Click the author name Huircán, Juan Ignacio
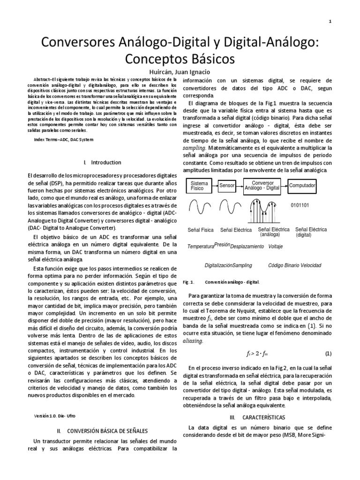[180, 72]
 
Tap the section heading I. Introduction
[101, 163]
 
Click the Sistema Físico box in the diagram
[200, 186]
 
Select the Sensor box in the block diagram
[227, 186]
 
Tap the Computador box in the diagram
[302, 186]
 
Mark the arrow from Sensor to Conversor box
[240, 186]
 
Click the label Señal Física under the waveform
[201, 230]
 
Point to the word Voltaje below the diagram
[275, 246]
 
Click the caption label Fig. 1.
[188, 282]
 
